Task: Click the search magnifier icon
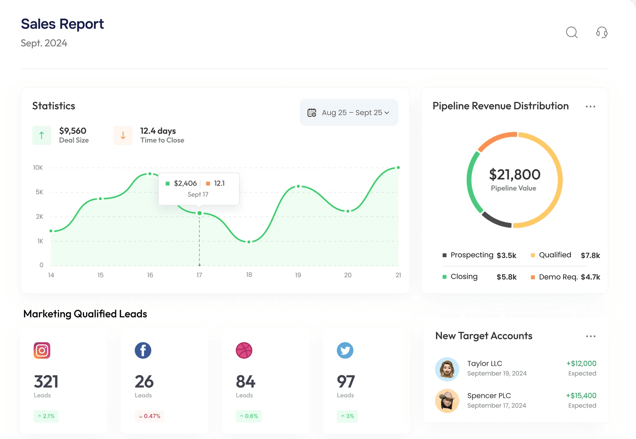pyautogui.click(x=572, y=32)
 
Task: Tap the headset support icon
pyautogui.click(x=602, y=32)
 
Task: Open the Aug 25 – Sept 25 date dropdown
pyautogui.click(x=349, y=113)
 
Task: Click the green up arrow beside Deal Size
pyautogui.click(x=42, y=135)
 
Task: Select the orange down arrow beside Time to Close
pyautogui.click(x=123, y=135)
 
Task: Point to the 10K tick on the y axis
pyautogui.click(x=38, y=168)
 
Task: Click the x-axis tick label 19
pyautogui.click(x=298, y=275)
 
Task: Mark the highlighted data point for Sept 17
pyautogui.click(x=199, y=213)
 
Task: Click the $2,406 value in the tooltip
pyautogui.click(x=185, y=183)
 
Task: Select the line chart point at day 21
pyautogui.click(x=398, y=168)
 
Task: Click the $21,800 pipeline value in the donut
pyautogui.click(x=514, y=174)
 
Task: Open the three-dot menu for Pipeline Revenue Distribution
pyautogui.click(x=590, y=106)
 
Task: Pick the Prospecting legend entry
pyautogui.click(x=472, y=255)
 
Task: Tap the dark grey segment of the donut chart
pyautogui.click(x=496, y=220)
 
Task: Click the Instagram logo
pyautogui.click(x=42, y=351)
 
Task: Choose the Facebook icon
pyautogui.click(x=143, y=351)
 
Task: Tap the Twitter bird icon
pyautogui.click(x=345, y=351)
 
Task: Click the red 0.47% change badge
pyautogui.click(x=150, y=416)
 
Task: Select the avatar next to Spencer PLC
pyautogui.click(x=447, y=401)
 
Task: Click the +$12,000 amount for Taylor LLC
pyautogui.click(x=581, y=364)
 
